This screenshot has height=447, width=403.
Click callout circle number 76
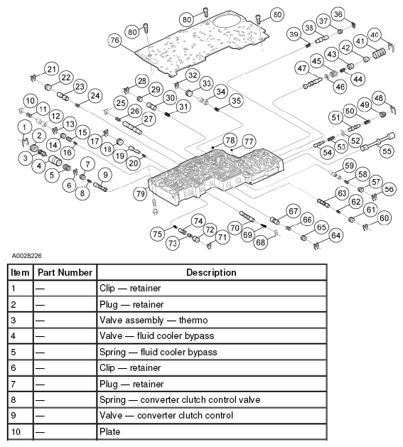tap(114, 41)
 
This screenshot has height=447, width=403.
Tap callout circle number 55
tap(387, 151)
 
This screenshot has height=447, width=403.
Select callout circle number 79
tap(140, 194)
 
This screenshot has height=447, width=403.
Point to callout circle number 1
tap(24, 127)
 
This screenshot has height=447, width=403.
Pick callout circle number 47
tap(302, 68)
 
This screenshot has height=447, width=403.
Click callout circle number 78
tap(230, 140)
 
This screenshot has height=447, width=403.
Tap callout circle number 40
tap(375, 35)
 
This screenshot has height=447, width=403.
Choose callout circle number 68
tap(261, 242)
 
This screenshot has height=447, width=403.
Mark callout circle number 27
tap(149, 119)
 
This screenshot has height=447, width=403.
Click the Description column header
tap(211, 272)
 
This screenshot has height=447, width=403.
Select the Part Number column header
tap(65, 272)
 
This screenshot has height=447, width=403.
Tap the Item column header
tap(20, 272)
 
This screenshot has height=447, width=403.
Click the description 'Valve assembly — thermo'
tap(154, 320)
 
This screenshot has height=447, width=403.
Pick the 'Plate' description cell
tap(109, 431)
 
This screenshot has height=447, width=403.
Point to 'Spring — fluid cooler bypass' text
tap(158, 352)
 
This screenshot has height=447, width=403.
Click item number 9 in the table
tap(14, 415)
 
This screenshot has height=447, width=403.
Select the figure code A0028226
tap(26, 255)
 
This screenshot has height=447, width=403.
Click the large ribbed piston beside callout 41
tap(379, 53)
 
